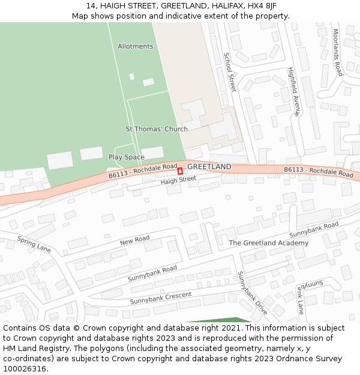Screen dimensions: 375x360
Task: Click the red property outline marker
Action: (x=180, y=171)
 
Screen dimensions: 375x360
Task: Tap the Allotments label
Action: (x=135, y=46)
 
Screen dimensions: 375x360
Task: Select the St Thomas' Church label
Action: (x=156, y=129)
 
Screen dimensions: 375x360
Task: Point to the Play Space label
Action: (x=126, y=157)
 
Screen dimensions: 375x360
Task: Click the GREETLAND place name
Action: (x=209, y=166)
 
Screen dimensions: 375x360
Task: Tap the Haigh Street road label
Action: (x=178, y=179)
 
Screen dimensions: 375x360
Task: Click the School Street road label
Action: (x=229, y=72)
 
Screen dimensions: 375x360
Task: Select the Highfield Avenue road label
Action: (x=293, y=91)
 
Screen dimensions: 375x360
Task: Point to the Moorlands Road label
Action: (x=337, y=52)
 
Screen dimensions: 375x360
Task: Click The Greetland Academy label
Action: (x=268, y=243)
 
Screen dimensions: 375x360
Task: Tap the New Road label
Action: (x=134, y=241)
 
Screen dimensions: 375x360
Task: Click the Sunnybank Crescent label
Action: (x=161, y=298)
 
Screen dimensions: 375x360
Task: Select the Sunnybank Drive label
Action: (x=252, y=293)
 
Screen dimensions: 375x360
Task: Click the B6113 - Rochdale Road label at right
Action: (x=319, y=172)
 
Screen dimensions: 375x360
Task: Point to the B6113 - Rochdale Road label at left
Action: (x=143, y=171)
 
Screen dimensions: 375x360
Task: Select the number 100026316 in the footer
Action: (x=25, y=368)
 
